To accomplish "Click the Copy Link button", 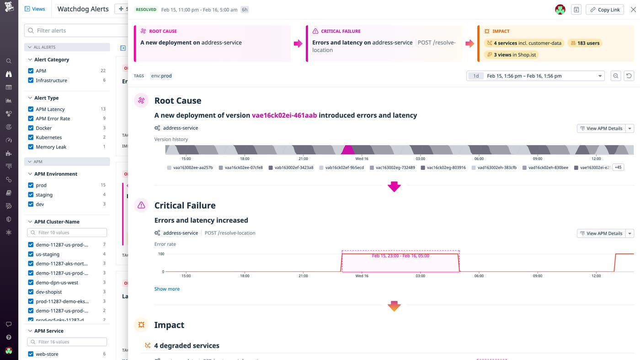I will pos(604,10).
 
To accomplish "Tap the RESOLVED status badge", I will pos(146,10).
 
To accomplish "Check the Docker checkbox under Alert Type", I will pos(31,128).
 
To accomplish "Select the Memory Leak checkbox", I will pos(31,147).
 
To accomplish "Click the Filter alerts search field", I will pos(75,31).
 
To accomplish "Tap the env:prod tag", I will pos(161,76).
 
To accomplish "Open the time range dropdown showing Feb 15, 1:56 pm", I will pos(535,76).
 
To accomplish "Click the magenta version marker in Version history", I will pos(348,150).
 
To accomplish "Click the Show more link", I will pos(167,289).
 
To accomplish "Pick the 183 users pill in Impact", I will pos(585,43).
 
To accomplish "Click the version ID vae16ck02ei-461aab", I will pos(284,115).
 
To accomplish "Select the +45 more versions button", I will pos(618,167).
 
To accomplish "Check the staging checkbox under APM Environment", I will pos(31,195).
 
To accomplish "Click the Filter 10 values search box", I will pos(67,233).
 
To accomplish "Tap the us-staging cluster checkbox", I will pos(31,254).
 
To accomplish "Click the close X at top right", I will pos(633,10).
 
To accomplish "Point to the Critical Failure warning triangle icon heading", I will pos(141,205).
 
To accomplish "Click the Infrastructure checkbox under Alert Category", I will pos(31,80).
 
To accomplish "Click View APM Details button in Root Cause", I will pos(601,128).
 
